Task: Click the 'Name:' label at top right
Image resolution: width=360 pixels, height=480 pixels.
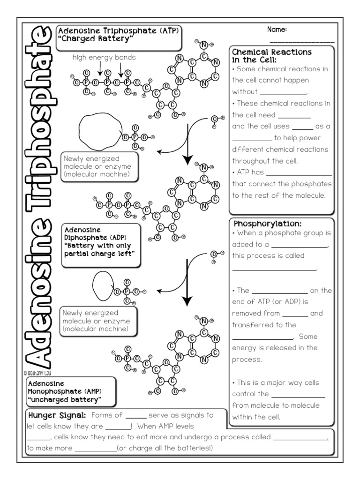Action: (x=277, y=30)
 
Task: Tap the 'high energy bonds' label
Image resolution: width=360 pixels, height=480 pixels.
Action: (x=104, y=57)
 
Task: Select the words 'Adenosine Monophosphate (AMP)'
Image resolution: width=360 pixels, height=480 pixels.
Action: (x=65, y=387)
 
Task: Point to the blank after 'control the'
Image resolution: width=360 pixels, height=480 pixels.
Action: (x=298, y=397)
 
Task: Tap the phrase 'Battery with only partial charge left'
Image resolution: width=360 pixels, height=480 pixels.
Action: (x=98, y=249)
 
